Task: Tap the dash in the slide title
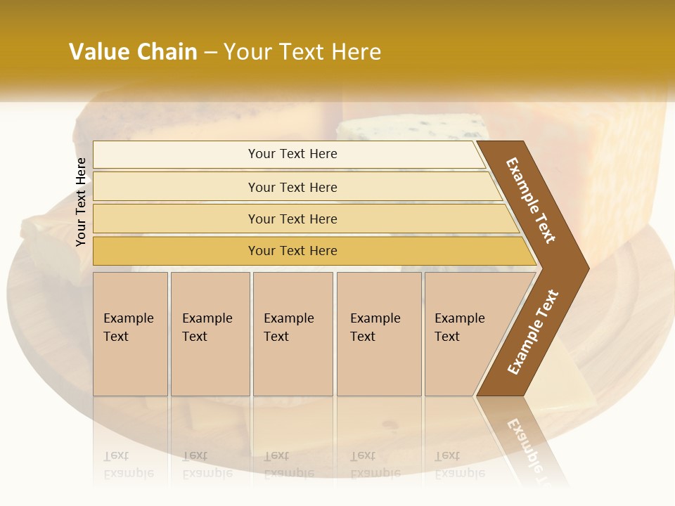click(210, 53)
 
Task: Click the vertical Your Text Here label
click(81, 202)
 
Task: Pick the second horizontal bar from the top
click(292, 187)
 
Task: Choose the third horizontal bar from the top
click(292, 219)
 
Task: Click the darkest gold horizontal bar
click(292, 251)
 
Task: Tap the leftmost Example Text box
click(130, 334)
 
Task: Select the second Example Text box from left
click(210, 334)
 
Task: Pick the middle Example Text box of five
click(292, 334)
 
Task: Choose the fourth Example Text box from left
click(379, 334)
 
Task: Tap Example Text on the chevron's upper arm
click(531, 200)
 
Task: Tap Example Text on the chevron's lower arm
click(533, 332)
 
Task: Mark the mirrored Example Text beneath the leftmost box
click(128, 465)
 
